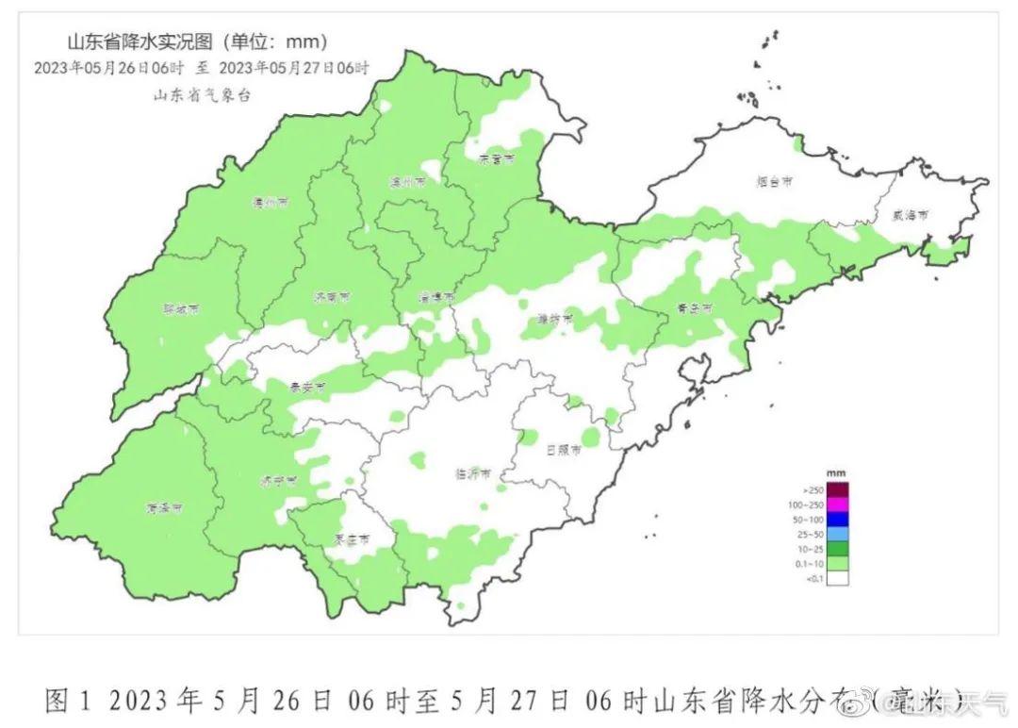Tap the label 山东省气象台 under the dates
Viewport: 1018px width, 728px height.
pos(203,94)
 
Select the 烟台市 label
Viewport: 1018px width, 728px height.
pos(774,182)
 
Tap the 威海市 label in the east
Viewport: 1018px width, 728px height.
pos(911,215)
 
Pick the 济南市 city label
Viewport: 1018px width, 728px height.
pos(332,296)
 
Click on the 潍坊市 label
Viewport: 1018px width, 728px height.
pos(555,319)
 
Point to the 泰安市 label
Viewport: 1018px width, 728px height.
pos(307,388)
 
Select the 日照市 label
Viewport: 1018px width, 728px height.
pos(563,450)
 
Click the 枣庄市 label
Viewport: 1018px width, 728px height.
pos(352,540)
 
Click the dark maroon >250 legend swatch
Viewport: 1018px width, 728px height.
pos(837,489)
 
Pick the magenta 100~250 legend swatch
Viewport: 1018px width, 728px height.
pos(837,505)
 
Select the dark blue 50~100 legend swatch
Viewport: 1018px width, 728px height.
pos(837,519)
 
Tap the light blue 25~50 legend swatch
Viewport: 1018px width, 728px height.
pos(837,534)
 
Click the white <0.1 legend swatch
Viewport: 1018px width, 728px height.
pos(837,578)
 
